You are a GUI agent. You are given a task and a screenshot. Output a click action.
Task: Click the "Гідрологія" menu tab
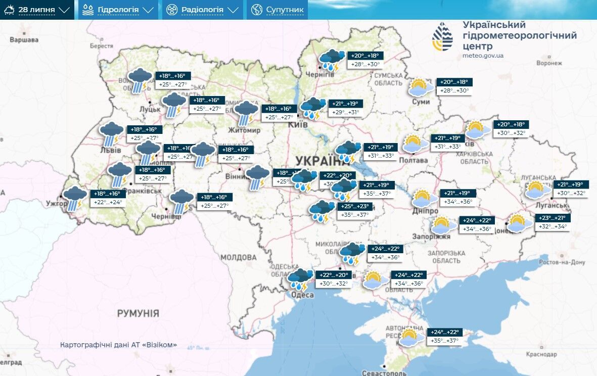coord(117,10)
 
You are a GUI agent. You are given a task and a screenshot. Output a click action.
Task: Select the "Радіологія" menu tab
coord(202,10)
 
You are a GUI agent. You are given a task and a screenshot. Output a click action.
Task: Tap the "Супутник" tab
coord(278,10)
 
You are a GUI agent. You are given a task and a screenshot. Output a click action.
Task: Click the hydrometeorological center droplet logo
coord(442,37)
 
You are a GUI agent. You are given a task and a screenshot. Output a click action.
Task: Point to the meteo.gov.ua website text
coord(482,56)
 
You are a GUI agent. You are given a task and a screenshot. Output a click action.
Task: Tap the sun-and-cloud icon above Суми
coord(421,87)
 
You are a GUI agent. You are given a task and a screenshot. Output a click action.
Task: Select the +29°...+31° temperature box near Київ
coord(347,112)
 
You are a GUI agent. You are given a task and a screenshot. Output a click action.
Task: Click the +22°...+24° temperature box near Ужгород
coord(107,202)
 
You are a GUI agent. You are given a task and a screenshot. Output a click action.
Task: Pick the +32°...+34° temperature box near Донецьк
coord(553,227)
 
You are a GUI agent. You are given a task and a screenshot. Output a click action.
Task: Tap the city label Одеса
coord(303,295)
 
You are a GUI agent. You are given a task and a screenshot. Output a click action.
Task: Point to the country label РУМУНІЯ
coord(138,313)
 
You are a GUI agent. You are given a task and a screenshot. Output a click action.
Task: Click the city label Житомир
coord(244,130)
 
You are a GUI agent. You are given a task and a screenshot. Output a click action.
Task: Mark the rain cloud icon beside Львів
coord(111,132)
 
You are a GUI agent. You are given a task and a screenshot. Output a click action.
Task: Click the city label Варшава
coord(24,40)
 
